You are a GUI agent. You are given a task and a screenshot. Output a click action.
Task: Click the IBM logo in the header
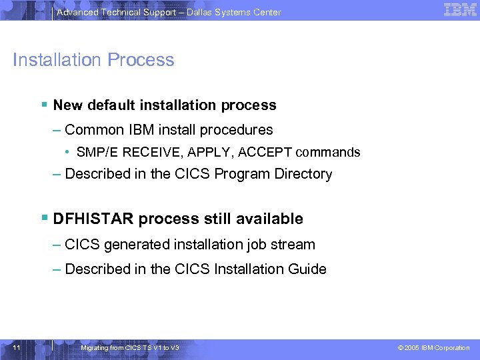point(460,9)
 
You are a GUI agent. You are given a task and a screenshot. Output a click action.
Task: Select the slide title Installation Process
point(93,60)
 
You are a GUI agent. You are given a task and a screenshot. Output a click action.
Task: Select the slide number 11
point(17,348)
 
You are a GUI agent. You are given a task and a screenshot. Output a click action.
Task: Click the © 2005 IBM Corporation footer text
point(433,348)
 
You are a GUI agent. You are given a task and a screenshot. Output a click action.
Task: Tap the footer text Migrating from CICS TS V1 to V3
point(129,348)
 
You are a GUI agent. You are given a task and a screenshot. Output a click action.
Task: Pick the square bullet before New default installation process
point(43,105)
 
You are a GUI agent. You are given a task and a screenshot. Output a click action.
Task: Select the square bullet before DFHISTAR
point(43,218)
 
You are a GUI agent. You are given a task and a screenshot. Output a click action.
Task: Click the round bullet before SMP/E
point(69,152)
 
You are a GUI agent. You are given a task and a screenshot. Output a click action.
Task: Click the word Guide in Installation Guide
point(308,269)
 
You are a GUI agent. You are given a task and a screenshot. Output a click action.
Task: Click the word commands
point(328,152)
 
